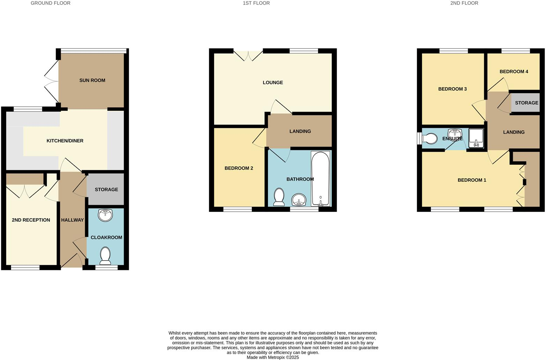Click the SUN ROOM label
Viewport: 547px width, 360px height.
click(92, 80)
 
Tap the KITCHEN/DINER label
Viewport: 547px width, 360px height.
click(65, 141)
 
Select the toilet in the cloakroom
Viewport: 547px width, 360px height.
click(105, 256)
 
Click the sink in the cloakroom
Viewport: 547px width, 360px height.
click(105, 215)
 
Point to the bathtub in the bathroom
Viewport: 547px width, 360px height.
click(320, 179)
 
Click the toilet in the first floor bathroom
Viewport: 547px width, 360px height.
click(279, 197)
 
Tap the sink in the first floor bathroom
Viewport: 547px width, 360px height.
click(299, 200)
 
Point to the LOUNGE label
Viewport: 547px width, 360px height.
click(273, 83)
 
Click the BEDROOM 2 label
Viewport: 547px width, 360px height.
click(239, 168)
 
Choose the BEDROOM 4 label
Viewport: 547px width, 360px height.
click(514, 72)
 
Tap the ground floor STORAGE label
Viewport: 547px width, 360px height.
click(106, 189)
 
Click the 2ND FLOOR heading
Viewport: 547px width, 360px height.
click(464, 3)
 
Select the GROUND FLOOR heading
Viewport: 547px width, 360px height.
click(51, 3)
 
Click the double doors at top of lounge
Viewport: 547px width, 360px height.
click(248, 56)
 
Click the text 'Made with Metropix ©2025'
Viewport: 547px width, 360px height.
click(273, 357)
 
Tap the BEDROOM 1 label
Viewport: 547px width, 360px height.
click(472, 180)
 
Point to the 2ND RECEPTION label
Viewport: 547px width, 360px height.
click(31, 220)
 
